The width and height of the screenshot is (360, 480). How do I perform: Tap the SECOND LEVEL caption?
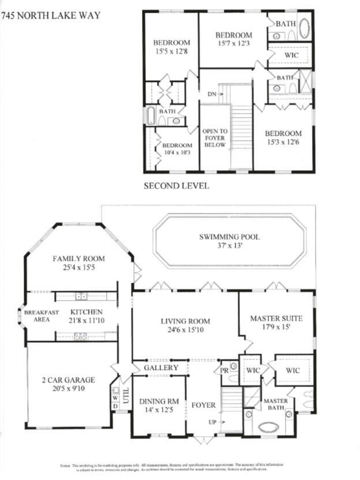click(x=176, y=186)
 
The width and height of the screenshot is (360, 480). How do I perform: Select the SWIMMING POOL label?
click(x=229, y=237)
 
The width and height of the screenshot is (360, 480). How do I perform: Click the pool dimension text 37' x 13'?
click(x=229, y=246)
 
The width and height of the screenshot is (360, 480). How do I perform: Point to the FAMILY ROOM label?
click(x=77, y=258)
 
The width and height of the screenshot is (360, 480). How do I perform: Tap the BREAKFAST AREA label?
click(x=41, y=316)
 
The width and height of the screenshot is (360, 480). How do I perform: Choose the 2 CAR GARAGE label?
click(x=68, y=380)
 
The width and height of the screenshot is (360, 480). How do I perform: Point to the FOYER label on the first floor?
click(x=203, y=404)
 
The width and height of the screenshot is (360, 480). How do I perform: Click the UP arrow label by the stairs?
click(x=213, y=422)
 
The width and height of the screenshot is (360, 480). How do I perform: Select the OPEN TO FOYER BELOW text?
click(x=215, y=138)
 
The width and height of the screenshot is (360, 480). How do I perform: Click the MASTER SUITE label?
click(x=276, y=318)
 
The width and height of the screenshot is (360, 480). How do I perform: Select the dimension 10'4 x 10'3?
click(x=177, y=153)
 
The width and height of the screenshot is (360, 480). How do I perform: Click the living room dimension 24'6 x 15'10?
click(x=185, y=331)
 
